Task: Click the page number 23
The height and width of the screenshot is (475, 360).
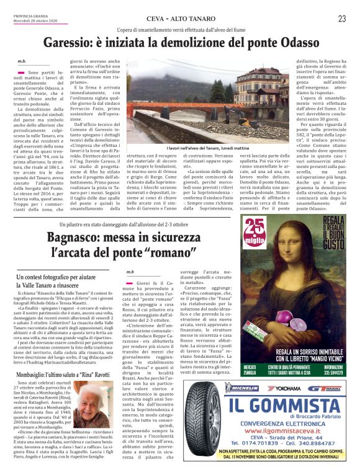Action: tap(341, 19)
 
